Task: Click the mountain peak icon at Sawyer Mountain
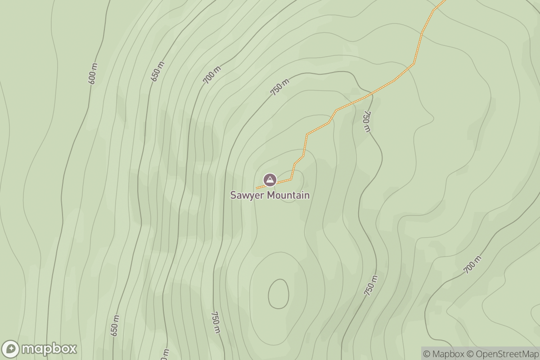270,180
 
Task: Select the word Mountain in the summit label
288,195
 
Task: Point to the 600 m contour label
93,73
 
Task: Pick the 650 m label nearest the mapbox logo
115,325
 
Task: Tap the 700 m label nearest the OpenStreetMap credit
472,265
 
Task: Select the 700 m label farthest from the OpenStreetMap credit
212,75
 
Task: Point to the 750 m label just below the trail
367,121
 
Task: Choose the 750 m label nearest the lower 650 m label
216,322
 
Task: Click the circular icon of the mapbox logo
11,349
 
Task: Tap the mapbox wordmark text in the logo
49,349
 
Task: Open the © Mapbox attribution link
443,354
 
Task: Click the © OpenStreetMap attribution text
501,354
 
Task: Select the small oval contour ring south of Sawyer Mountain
278,294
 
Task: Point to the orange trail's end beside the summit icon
257,188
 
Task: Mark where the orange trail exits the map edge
445,1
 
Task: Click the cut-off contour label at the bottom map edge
165,355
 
